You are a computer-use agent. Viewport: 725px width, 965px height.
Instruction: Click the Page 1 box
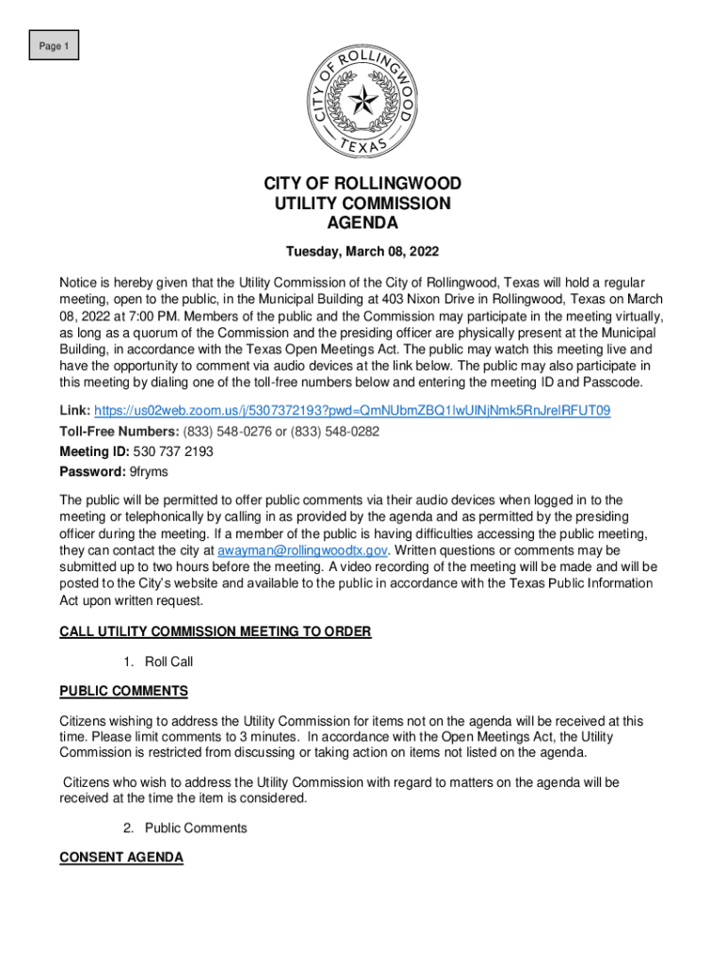tap(53, 45)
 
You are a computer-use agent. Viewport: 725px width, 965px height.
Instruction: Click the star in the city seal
tap(362, 99)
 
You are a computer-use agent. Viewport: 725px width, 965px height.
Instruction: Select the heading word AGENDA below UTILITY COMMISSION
tap(362, 223)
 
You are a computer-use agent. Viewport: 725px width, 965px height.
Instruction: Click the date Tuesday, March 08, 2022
tap(362, 253)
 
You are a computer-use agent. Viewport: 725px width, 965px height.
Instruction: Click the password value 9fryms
tap(151, 471)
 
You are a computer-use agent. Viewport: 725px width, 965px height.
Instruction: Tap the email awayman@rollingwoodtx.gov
tap(302, 550)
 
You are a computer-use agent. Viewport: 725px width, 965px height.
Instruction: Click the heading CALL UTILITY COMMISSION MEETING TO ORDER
tap(215, 631)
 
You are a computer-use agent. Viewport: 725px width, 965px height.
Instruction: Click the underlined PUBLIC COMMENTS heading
tap(123, 692)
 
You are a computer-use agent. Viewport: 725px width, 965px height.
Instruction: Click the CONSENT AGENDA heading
tap(121, 858)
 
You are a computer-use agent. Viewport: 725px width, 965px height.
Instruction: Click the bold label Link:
tap(74, 411)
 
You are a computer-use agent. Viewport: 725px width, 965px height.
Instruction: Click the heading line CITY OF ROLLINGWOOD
tap(362, 183)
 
